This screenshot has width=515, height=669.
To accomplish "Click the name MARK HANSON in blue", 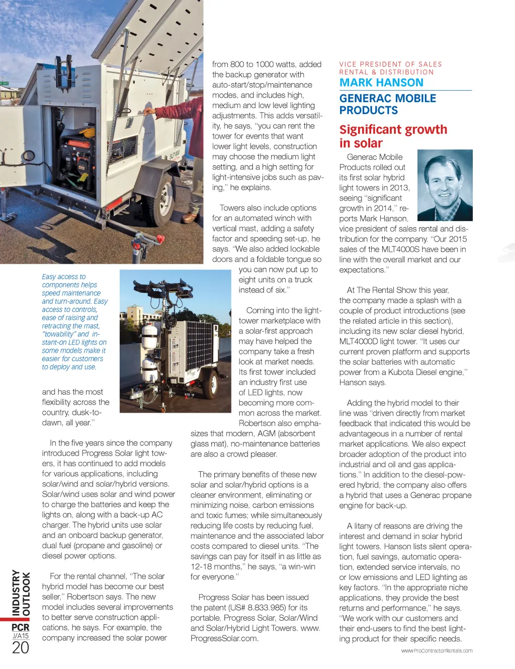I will coord(381,83).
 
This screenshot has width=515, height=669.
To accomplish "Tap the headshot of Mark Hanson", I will coord(445,185).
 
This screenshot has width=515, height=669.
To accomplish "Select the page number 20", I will coord(21,648).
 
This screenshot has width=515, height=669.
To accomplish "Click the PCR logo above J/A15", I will coord(21,627).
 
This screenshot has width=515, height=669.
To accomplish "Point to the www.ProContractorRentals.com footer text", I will coord(437,651).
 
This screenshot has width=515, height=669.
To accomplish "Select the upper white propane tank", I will coord(149,331).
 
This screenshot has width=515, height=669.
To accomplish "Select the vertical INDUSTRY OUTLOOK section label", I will coord(21,593).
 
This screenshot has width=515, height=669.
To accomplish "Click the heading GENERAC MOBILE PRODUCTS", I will coord(387,104).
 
